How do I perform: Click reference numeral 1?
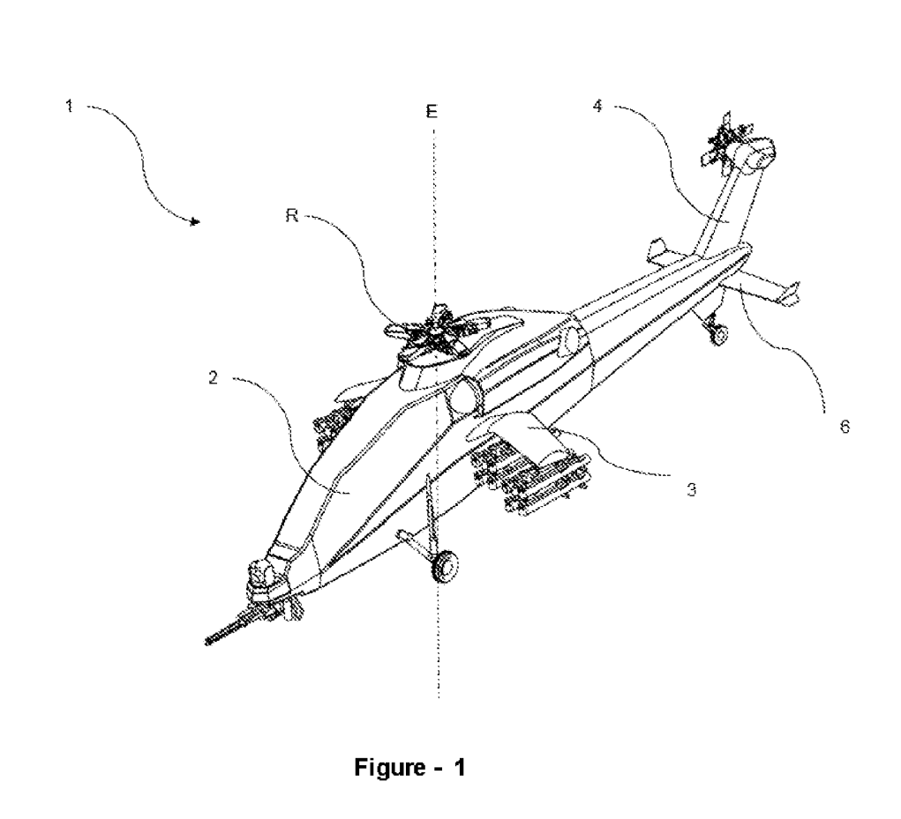click(x=67, y=106)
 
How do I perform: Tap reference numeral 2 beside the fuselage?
click(x=213, y=378)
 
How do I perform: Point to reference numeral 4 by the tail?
click(x=597, y=106)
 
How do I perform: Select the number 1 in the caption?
click(x=458, y=767)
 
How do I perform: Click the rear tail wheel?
click(x=719, y=333)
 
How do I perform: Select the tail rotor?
click(x=725, y=141)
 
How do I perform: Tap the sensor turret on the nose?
click(x=262, y=574)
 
